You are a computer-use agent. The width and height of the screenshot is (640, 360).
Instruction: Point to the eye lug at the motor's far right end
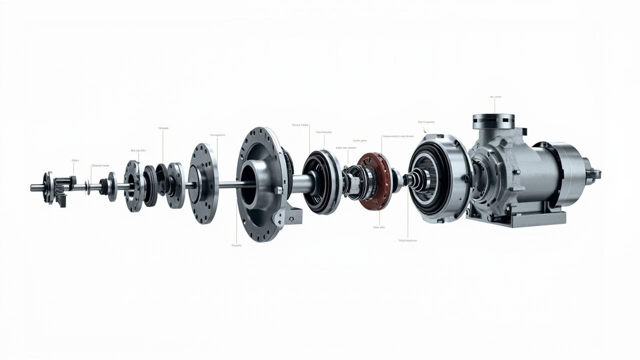point(595,173)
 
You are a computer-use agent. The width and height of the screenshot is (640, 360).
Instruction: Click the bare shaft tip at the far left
point(34,188)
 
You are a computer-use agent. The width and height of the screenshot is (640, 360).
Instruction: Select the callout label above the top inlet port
point(495,97)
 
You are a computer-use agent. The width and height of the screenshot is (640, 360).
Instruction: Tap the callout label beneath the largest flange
point(236,245)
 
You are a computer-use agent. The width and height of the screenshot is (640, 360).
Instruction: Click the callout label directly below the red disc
point(379,227)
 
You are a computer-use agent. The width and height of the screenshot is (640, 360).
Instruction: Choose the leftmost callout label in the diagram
point(75,160)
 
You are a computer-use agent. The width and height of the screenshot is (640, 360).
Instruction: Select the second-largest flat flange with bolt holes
point(203,183)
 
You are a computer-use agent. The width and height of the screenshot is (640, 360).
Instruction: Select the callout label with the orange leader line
point(426,122)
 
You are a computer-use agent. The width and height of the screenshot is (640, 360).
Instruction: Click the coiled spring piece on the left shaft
point(104,186)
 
